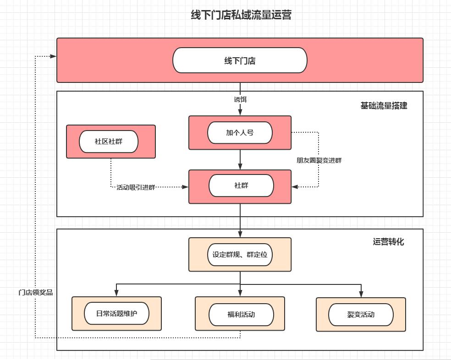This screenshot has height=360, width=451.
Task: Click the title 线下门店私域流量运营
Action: click(241, 15)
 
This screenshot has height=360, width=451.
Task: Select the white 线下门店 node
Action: click(240, 60)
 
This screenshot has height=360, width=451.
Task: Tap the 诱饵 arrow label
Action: click(240, 99)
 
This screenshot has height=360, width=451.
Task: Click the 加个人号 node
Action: click(240, 133)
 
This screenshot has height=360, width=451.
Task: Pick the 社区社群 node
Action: click(109, 142)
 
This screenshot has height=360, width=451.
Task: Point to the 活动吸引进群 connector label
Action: click(136, 187)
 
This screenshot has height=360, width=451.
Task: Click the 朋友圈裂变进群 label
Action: click(319, 160)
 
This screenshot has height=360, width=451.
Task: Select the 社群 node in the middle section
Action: click(241, 186)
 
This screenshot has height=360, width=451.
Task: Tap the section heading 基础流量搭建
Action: click(384, 106)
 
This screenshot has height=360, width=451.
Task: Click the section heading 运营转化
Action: click(388, 242)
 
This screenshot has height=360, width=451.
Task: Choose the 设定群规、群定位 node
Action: click(240, 255)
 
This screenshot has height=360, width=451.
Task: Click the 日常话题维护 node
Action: click(116, 314)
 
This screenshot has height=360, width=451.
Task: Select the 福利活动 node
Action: click(241, 315)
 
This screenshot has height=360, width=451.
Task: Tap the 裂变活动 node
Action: click(361, 315)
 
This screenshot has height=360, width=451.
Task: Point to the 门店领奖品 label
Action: click(36, 292)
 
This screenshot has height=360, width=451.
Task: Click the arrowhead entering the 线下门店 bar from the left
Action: click(53, 56)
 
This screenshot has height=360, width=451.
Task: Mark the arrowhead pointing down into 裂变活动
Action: click(361, 294)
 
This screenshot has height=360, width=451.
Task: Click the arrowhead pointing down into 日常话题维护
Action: click(116, 293)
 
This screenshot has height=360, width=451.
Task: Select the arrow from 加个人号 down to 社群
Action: click(240, 160)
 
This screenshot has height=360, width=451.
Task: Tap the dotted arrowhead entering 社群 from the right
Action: click(295, 187)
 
